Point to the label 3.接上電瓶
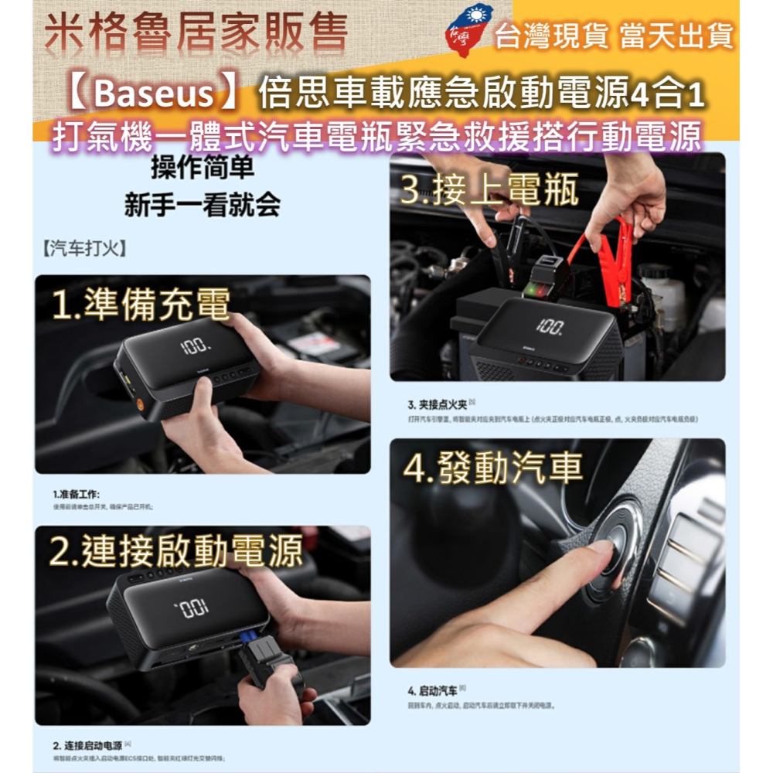click(489, 189)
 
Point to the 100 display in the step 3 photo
click(550, 327)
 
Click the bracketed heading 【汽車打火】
click(82, 250)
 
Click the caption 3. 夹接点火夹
click(437, 404)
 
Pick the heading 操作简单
click(202, 168)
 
